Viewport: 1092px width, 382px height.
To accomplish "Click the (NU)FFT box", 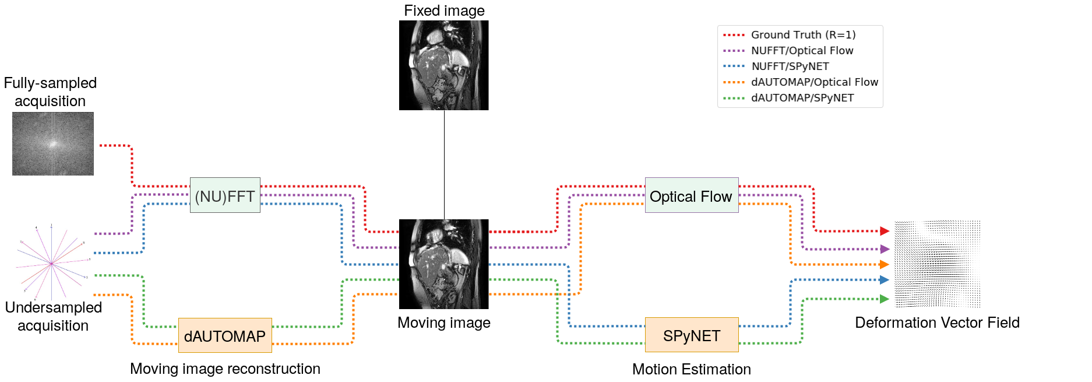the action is point(225,195).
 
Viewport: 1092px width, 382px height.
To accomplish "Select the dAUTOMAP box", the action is point(225,335).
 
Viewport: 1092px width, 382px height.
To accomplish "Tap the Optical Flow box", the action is point(692,195).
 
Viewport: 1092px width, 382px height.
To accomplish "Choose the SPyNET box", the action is point(692,335).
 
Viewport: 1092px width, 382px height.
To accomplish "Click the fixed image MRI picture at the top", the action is point(444,65).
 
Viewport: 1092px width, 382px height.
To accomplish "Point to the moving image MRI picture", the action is point(444,264).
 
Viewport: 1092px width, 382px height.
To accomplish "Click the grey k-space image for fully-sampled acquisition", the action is point(53,143).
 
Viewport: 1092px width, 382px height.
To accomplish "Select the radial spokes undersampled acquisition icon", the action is point(52,263).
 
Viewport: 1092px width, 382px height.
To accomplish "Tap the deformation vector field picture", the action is point(938,264).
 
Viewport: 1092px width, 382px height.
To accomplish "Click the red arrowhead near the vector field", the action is point(885,231).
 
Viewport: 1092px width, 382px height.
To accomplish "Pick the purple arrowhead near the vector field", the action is point(885,249).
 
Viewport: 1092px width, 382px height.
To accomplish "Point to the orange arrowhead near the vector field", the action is point(885,264).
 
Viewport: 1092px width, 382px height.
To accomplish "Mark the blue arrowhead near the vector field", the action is point(885,280).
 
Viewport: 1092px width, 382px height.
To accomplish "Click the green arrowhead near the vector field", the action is point(885,299).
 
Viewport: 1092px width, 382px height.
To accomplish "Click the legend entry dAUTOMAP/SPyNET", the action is point(788,98).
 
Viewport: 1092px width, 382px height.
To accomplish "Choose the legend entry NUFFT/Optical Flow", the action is point(788,51).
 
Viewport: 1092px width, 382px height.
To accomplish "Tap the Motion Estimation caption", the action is point(692,369).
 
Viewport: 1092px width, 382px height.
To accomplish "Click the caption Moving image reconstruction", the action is point(225,369).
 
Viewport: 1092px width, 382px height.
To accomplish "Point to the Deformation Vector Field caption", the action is point(937,323).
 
